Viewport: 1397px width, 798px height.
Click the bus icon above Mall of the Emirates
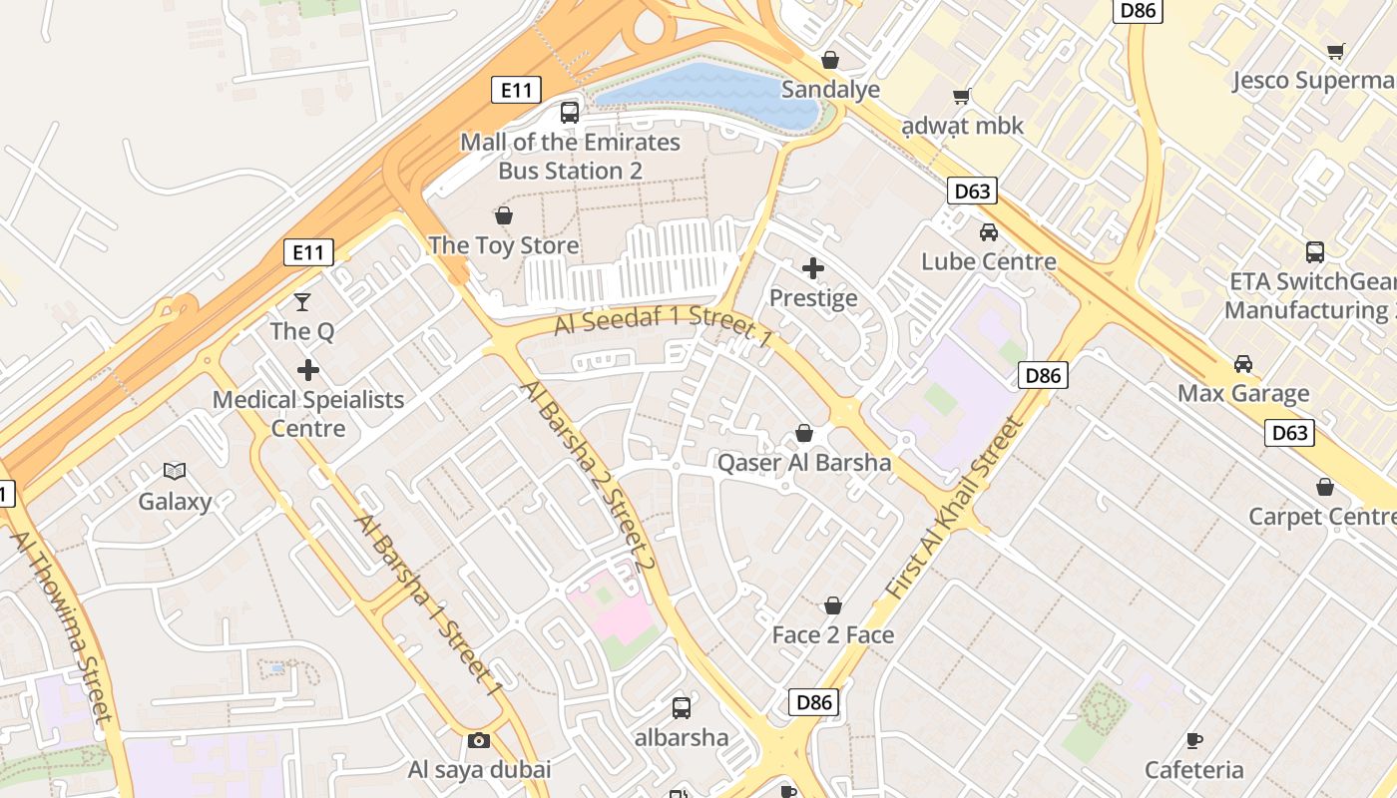click(x=570, y=112)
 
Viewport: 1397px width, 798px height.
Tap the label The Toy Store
click(x=504, y=245)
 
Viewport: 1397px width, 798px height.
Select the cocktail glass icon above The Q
click(x=302, y=301)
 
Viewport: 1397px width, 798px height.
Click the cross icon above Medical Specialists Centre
click(x=308, y=370)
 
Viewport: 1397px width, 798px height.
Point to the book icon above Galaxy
click(x=175, y=471)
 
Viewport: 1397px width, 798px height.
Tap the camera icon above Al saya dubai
click(x=479, y=740)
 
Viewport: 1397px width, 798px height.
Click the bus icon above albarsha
click(x=682, y=708)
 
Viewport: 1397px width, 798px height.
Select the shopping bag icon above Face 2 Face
click(x=833, y=605)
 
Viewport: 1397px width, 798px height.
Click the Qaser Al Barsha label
click(x=804, y=463)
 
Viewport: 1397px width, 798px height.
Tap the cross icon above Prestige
click(x=813, y=267)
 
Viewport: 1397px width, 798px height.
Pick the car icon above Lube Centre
click(x=989, y=232)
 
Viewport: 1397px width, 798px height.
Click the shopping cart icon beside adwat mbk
click(x=961, y=97)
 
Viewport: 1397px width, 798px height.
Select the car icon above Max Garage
click(x=1243, y=363)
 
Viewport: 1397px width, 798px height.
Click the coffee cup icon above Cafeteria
click(x=1194, y=740)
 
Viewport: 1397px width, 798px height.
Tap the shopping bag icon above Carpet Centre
click(x=1325, y=487)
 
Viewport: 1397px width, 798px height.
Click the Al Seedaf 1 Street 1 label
click(x=664, y=329)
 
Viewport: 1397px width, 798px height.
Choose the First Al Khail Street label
click(x=955, y=509)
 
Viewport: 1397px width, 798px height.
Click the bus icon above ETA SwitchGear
click(x=1315, y=251)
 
